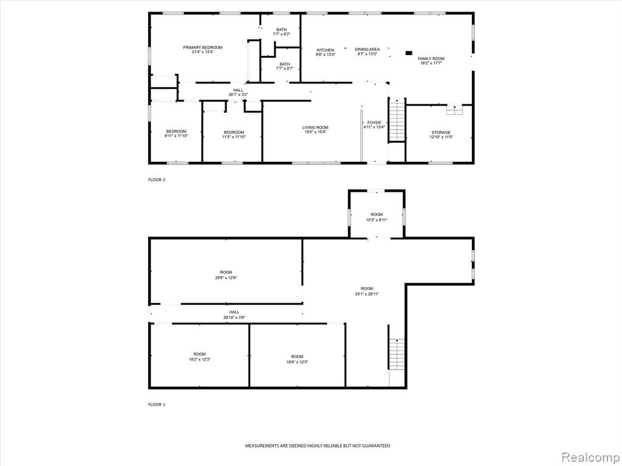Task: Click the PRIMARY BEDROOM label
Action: click(202, 47)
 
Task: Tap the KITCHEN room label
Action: click(326, 50)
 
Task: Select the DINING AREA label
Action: click(367, 49)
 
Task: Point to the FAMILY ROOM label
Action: click(431, 59)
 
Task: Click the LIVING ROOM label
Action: click(315, 127)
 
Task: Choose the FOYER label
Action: click(374, 123)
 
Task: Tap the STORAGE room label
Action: click(441, 132)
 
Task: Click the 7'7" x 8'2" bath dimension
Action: click(282, 34)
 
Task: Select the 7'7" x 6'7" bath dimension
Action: click(285, 69)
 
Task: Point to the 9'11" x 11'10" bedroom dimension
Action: click(176, 136)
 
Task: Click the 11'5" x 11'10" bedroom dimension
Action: click(234, 137)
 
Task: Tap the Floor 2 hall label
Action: click(238, 90)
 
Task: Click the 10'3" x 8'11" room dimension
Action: click(377, 220)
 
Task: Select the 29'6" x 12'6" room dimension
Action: click(226, 277)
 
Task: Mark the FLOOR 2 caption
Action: click(157, 180)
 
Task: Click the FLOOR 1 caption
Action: click(157, 405)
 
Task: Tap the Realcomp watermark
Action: click(590, 458)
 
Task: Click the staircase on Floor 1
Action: click(397, 354)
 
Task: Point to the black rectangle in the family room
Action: click(409, 53)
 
